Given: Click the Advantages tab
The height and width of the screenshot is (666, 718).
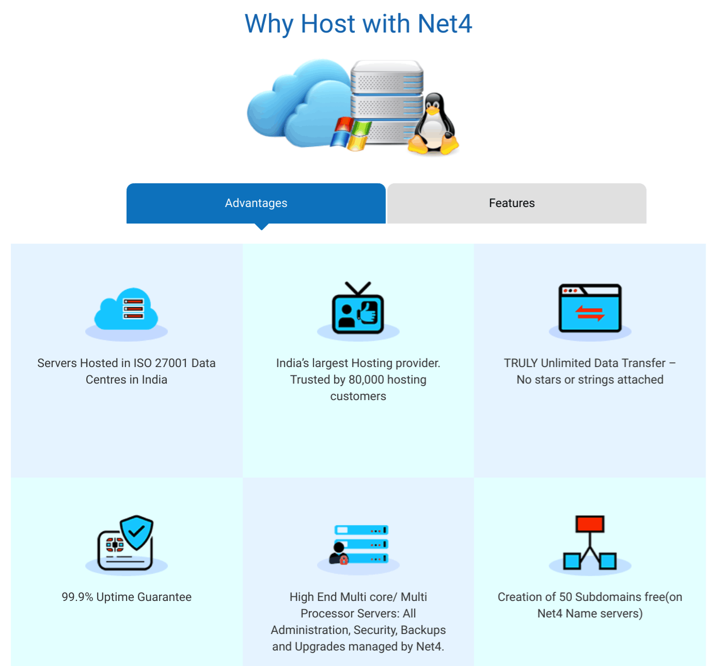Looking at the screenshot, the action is click(256, 203).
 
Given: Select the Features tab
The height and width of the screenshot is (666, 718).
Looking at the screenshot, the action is click(517, 203).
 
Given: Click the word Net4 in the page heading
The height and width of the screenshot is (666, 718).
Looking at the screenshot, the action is click(445, 24).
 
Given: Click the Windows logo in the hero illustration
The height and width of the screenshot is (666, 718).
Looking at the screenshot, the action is click(350, 133).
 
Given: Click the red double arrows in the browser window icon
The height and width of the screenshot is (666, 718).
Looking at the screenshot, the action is click(590, 313).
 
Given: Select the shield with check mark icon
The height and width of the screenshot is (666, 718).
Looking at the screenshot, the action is click(137, 532).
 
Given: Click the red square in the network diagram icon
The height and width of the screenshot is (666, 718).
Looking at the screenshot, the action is click(590, 524).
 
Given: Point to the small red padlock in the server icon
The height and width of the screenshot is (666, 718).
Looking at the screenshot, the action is click(344, 560).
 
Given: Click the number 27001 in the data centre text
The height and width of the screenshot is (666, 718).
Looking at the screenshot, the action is click(171, 363).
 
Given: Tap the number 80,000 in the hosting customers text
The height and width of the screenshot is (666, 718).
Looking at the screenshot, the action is click(366, 379).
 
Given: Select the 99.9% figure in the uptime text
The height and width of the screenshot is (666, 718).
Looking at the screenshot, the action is click(77, 597).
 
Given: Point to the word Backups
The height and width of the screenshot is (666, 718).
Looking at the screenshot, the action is click(423, 630).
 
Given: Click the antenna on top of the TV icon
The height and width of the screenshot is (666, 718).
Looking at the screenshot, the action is click(358, 289).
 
